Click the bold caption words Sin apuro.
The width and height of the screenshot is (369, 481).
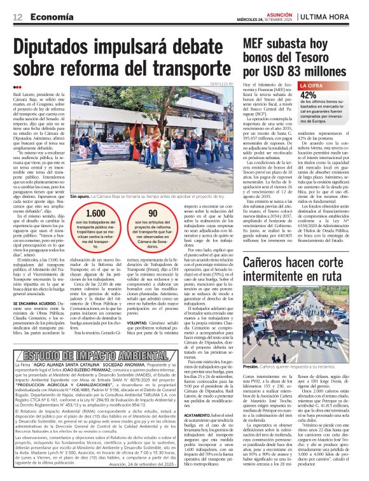coord(81,197)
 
